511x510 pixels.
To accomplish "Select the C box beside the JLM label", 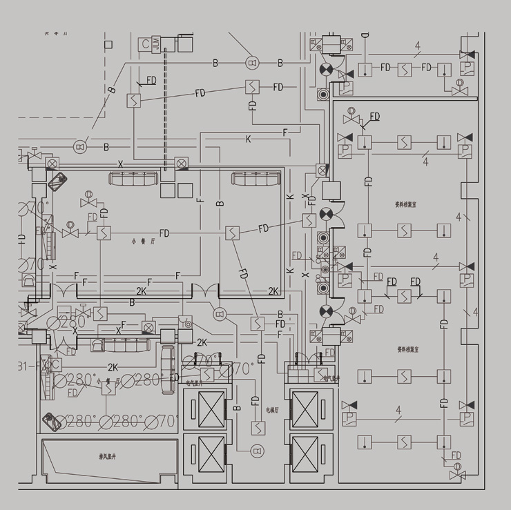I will point(145,44).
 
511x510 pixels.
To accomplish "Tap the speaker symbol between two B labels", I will point(251,63).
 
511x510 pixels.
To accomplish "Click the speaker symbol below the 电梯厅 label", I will point(256,451).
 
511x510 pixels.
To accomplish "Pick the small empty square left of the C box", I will point(108,44).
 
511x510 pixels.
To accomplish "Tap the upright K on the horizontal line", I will point(249,140).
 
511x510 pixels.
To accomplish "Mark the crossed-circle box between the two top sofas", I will point(182,164).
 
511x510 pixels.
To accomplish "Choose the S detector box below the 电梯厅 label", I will point(257,428).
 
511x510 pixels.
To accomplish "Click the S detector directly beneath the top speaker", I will point(253,86).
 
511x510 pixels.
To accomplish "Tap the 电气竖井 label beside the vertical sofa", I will point(193,380).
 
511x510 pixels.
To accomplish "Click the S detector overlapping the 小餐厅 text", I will point(109,388).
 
